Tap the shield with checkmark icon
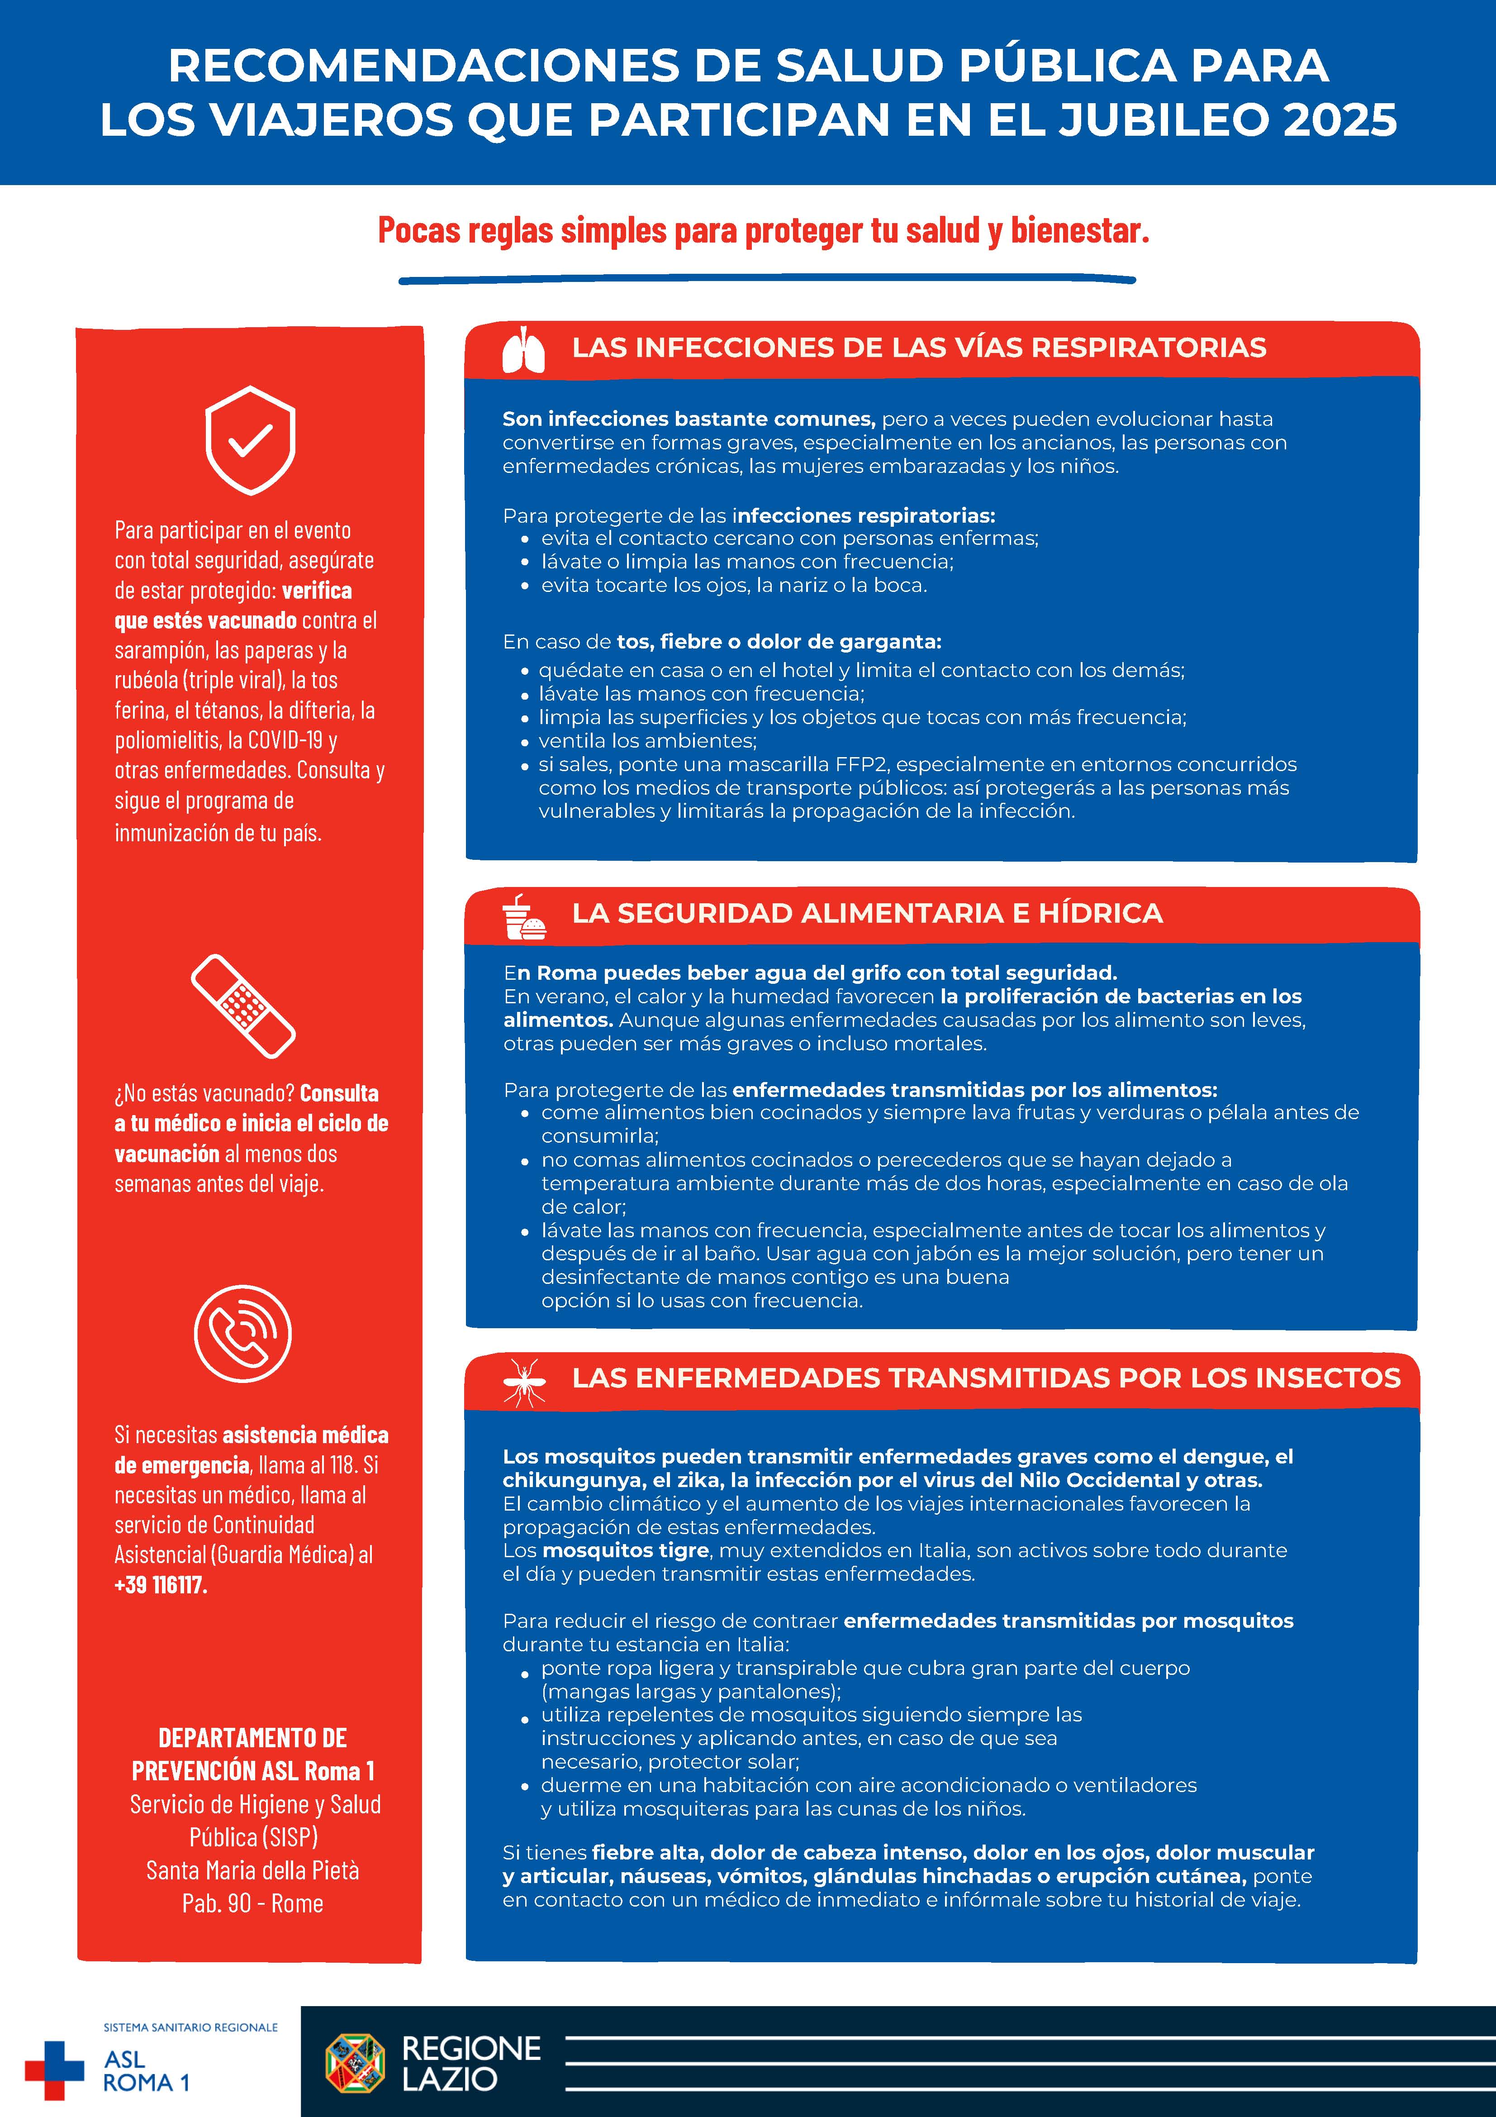click(250, 440)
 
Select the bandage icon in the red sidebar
click(243, 1006)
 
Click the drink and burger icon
click(523, 916)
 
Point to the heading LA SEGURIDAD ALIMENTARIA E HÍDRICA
click(866, 913)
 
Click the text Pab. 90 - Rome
click(252, 1903)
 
